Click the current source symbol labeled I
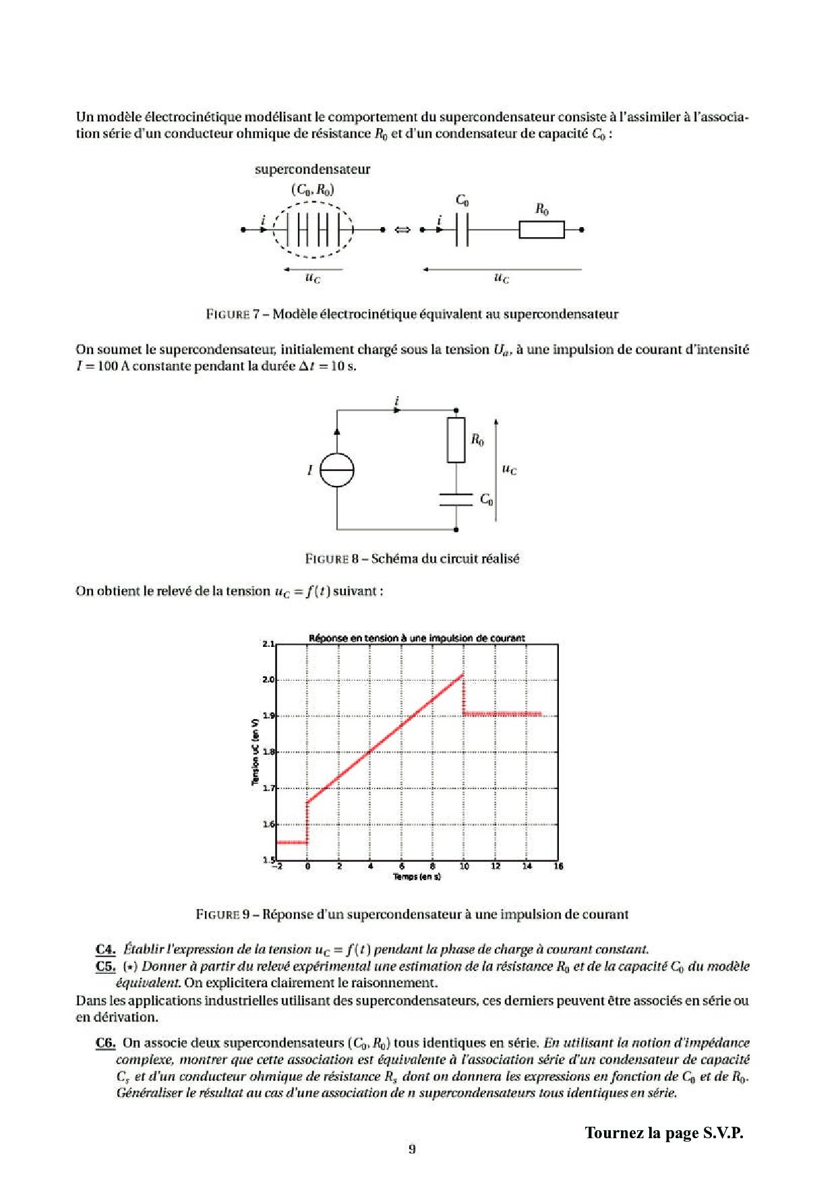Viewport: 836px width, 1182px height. tap(336, 470)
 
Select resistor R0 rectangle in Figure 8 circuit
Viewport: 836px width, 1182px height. tap(456, 439)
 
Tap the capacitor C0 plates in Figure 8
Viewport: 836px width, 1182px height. tap(456, 499)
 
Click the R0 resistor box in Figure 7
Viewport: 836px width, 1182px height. tap(541, 230)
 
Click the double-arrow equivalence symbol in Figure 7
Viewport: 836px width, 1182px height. tap(402, 230)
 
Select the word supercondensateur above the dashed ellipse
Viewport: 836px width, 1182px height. tap(312, 169)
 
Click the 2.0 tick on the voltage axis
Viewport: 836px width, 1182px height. tap(268, 679)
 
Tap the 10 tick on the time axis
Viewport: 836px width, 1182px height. tap(464, 866)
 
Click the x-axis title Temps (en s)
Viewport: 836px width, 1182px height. tap(417, 877)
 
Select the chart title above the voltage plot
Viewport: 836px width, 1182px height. tap(417, 637)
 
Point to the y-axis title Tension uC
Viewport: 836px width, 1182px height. tap(256, 751)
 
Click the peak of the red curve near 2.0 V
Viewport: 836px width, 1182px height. tap(462, 675)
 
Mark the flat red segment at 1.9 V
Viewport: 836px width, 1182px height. tap(502, 714)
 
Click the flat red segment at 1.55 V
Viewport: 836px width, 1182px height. tap(292, 842)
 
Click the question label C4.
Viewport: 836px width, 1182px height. tap(105, 950)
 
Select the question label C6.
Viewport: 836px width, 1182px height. tap(105, 1043)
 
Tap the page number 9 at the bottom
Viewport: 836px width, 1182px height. tap(411, 1149)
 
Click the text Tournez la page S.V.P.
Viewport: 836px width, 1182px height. tap(663, 1133)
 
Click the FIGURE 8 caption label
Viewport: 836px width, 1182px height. tap(336, 559)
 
